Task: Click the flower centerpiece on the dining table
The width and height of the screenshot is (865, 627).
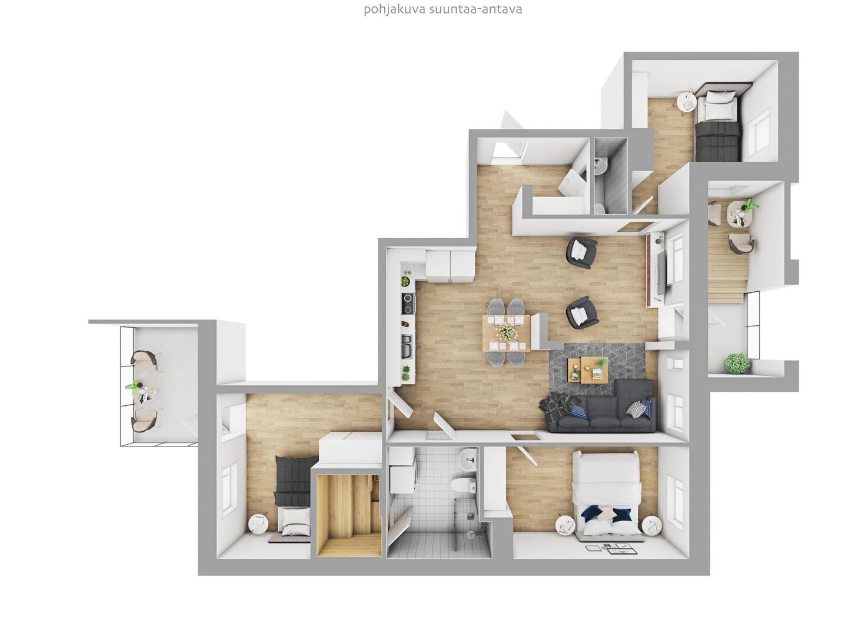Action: point(506,332)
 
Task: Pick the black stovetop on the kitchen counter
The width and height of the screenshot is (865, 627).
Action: point(407,304)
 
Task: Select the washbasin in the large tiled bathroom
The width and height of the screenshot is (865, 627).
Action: point(468,459)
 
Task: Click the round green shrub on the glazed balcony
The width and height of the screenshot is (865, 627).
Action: point(737,363)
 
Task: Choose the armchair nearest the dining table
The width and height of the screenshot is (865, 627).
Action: point(582,312)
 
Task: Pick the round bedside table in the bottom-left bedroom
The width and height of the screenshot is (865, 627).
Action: point(258,524)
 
